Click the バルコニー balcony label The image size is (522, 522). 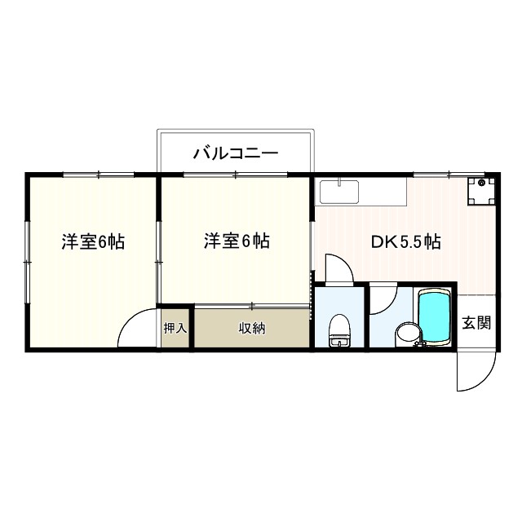pos(237,153)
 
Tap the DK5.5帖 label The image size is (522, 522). pos(406,241)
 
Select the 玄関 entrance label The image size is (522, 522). pos(476,323)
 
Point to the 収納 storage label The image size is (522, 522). pos(252,328)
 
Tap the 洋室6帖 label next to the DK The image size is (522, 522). pos(237,241)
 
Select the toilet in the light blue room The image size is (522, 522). pos(338,332)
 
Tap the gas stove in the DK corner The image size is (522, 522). pos(481,191)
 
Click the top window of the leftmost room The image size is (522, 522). pos(98,174)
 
